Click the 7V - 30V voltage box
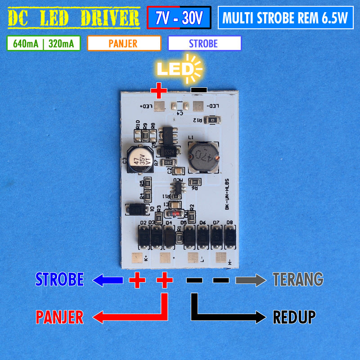pyautogui.click(x=179, y=18)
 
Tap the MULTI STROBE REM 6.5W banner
pyautogui.click(x=285, y=18)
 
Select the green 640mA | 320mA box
pyautogui.click(x=44, y=44)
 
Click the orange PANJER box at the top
pyautogui.click(x=124, y=44)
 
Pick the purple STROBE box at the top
pyautogui.click(x=204, y=44)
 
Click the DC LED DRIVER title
pyautogui.click(x=74, y=18)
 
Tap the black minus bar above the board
pyautogui.click(x=198, y=90)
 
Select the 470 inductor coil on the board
pyautogui.click(x=203, y=157)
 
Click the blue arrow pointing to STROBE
pyautogui.click(x=108, y=281)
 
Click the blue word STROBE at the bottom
pyautogui.click(x=59, y=279)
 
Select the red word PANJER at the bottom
pyautogui.click(x=59, y=317)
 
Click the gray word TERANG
pyautogui.click(x=298, y=279)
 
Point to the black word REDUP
pyautogui.click(x=294, y=317)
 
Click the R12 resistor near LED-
pyautogui.click(x=211, y=120)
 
